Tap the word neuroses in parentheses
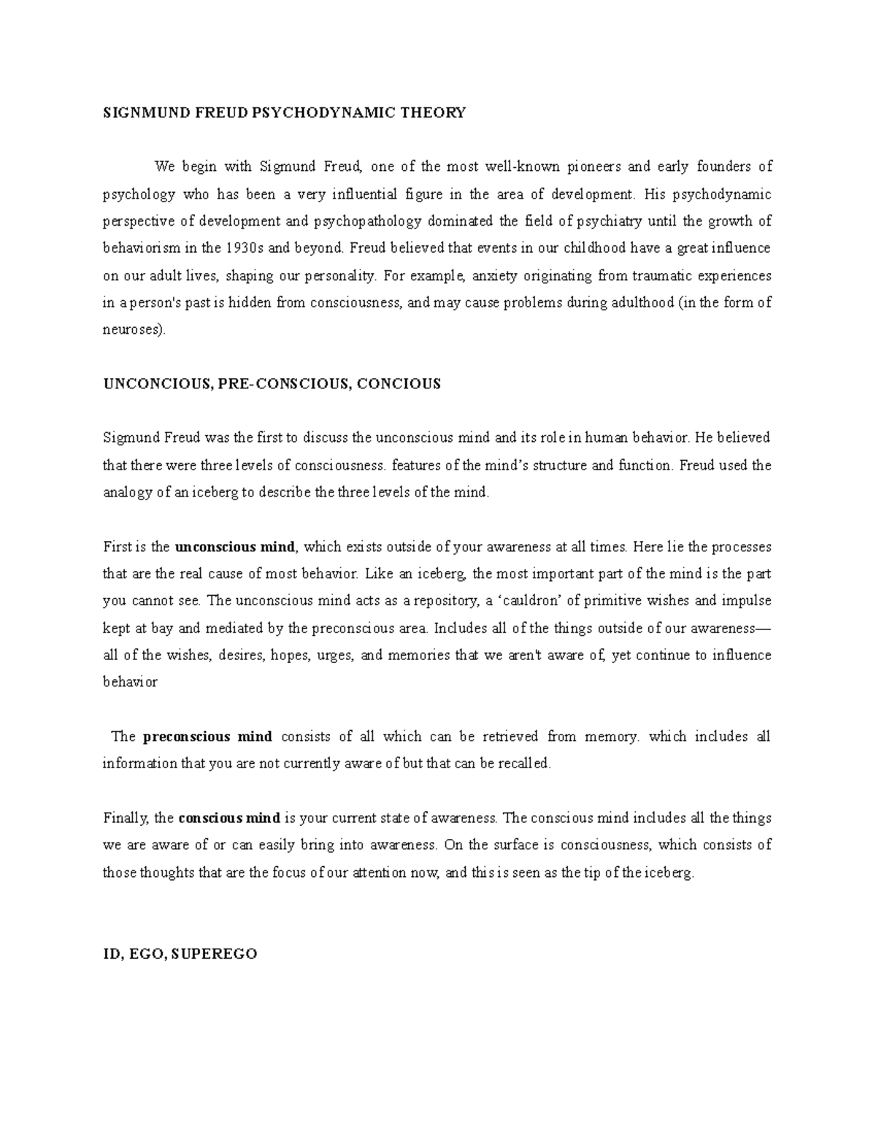pyautogui.click(x=133, y=330)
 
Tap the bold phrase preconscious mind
pyautogui.click(x=208, y=737)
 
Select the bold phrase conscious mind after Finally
pyautogui.click(x=229, y=819)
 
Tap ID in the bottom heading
pyautogui.click(x=110, y=954)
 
